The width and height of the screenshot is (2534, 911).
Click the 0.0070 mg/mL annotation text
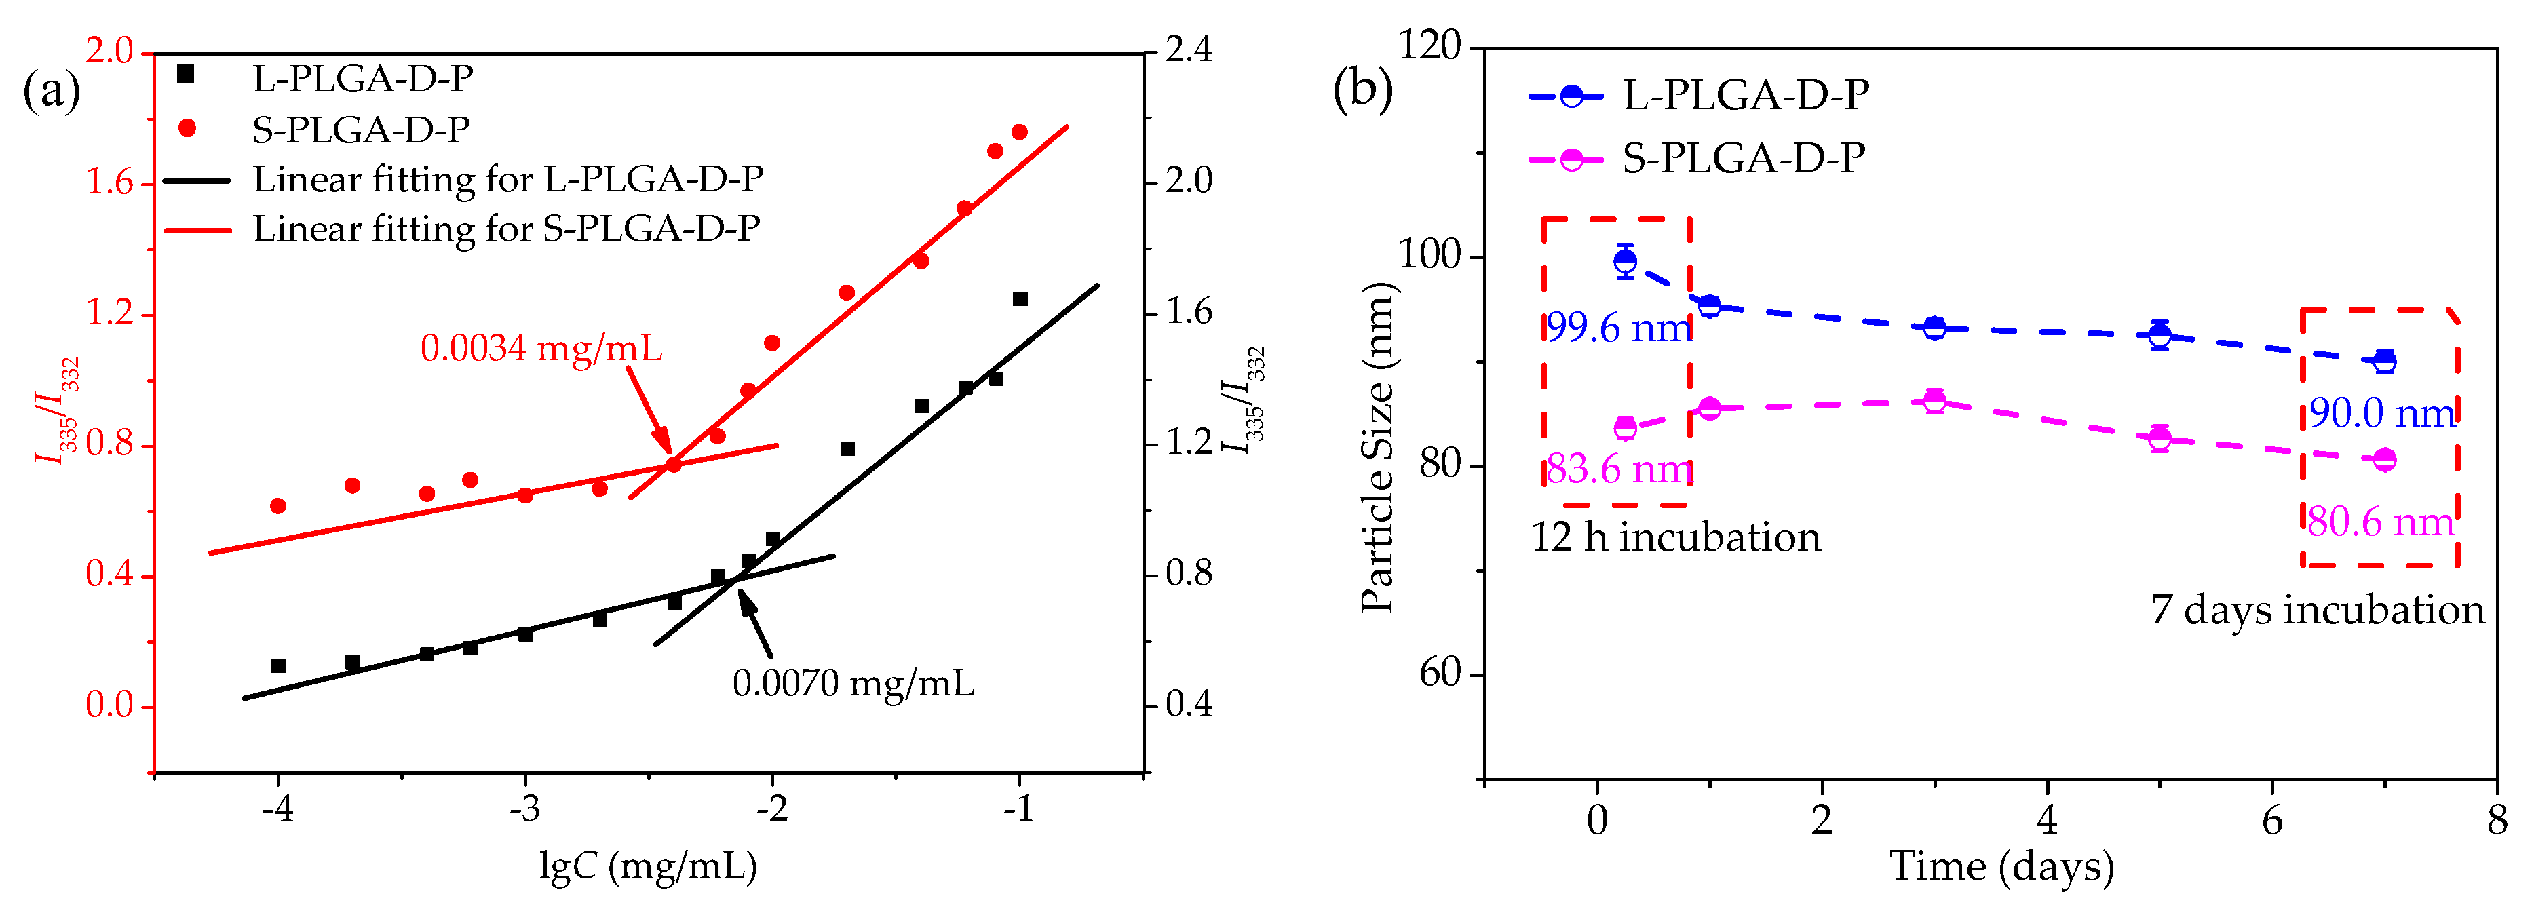853,684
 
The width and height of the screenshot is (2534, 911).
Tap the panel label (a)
51,92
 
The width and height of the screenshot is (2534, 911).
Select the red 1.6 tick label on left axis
109,183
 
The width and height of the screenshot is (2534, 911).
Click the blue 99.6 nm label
1618,328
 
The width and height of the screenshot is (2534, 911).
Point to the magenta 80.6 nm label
2381,522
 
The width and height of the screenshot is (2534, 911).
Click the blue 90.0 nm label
2381,413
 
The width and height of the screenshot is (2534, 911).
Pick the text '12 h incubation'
1675,538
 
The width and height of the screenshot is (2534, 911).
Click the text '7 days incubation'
2317,610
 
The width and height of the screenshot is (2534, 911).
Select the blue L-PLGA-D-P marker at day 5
2159,336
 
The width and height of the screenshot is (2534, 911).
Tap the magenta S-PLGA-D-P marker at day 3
1934,400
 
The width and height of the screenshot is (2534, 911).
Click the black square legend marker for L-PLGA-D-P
186,75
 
